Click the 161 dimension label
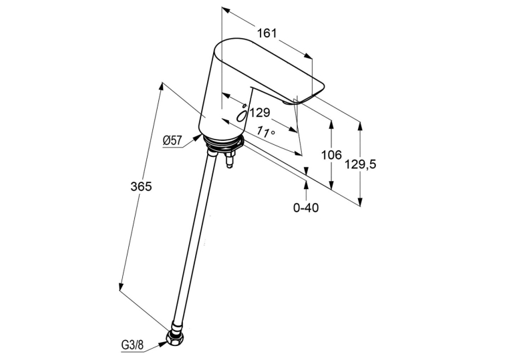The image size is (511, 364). click(x=267, y=33)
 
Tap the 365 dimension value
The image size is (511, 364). click(x=141, y=186)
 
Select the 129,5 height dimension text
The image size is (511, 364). click(x=361, y=164)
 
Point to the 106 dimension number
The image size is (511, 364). click(x=331, y=155)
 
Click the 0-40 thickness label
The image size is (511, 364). click(x=306, y=207)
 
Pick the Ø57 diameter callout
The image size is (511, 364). click(x=172, y=140)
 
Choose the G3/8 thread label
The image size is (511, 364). click(x=132, y=345)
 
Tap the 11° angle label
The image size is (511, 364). click(x=265, y=132)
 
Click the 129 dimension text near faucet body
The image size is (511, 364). click(x=260, y=113)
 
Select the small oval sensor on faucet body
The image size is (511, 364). click(x=242, y=115)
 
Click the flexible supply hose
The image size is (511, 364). click(x=193, y=240)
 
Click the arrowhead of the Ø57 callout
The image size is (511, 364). click(x=198, y=137)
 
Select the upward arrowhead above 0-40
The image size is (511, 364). click(x=306, y=184)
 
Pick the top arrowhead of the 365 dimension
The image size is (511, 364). click(x=161, y=87)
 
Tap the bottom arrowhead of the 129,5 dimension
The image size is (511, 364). click(x=360, y=202)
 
